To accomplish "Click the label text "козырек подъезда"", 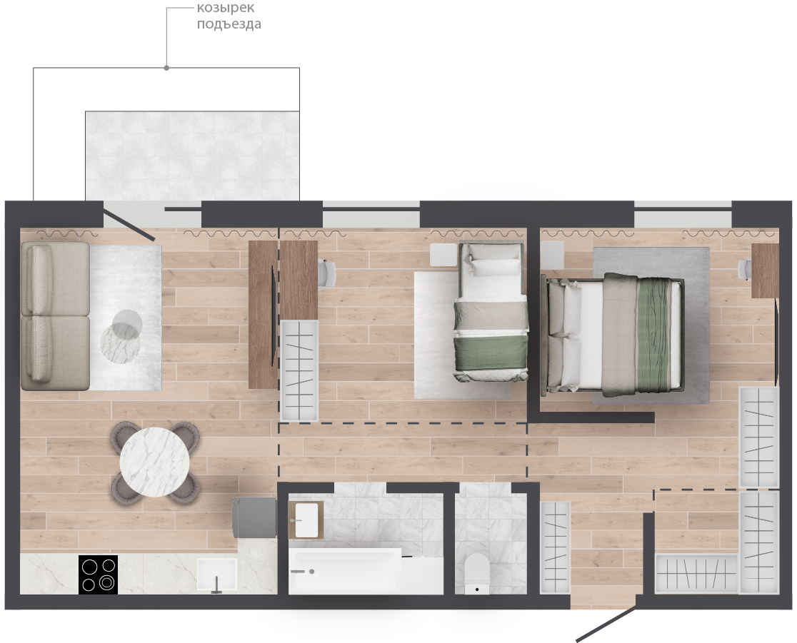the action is tap(229, 16).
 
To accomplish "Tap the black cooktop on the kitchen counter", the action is tap(98, 574).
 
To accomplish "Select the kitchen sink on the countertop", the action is tap(217, 575).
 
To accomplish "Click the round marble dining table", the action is tap(154, 462).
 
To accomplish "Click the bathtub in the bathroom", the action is tap(366, 571).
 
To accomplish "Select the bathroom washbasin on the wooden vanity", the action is tap(306, 520).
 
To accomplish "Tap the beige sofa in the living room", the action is tap(56, 316).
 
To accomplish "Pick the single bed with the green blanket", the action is tap(491, 313).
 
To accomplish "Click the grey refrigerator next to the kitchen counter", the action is tap(255, 517).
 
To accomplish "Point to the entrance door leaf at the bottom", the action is tap(606, 623).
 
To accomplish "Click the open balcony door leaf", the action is tap(129, 221).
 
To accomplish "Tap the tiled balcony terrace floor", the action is tap(192, 156).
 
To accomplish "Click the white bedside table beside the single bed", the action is tap(443, 255).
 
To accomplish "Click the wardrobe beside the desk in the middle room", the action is tap(299, 371).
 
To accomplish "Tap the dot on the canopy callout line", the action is tap(166, 68).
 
